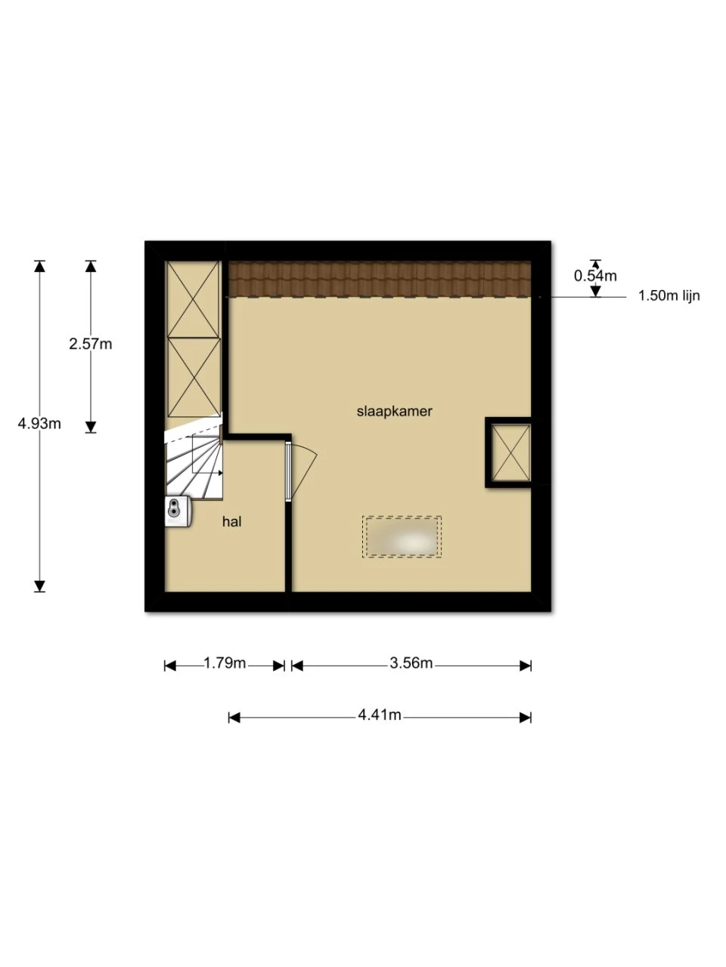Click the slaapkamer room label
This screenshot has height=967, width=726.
pyautogui.click(x=394, y=412)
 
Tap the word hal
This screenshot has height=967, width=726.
pyautogui.click(x=232, y=521)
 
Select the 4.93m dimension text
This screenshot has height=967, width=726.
pyautogui.click(x=39, y=423)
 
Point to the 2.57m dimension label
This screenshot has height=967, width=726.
pyautogui.click(x=90, y=344)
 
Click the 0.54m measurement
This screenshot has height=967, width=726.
pyautogui.click(x=595, y=277)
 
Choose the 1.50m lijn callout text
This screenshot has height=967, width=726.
pyautogui.click(x=669, y=295)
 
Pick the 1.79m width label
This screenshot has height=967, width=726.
pyautogui.click(x=225, y=663)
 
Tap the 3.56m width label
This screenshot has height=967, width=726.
pyautogui.click(x=411, y=663)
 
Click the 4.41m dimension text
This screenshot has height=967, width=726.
pyautogui.click(x=380, y=715)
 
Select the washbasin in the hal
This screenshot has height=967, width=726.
pyautogui.click(x=178, y=511)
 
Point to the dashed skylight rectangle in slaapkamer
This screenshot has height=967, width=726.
pyautogui.click(x=402, y=537)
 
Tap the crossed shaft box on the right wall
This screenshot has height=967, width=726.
pyautogui.click(x=510, y=453)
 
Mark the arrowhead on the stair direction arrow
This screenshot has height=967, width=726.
pyautogui.click(x=220, y=473)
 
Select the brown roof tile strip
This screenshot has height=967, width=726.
pyautogui.click(x=380, y=279)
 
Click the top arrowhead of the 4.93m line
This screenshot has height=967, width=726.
pyautogui.click(x=39, y=267)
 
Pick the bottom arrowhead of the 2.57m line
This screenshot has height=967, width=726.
pyautogui.click(x=90, y=427)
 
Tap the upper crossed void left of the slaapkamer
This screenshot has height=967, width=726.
pyautogui.click(x=194, y=299)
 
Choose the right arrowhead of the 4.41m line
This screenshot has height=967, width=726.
pyautogui.click(x=525, y=718)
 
